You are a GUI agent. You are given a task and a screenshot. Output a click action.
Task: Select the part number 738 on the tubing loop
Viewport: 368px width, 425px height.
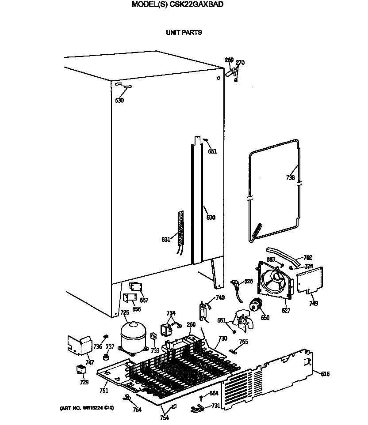tap(290, 178)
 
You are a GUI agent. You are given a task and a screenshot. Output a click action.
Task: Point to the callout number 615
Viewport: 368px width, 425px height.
tap(325, 374)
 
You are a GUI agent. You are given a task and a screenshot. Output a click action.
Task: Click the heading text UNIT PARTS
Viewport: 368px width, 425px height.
tap(184, 33)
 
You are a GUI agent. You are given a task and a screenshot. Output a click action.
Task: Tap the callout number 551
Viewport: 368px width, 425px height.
tap(212, 151)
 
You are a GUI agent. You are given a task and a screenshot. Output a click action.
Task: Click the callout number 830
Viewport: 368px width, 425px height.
tap(211, 217)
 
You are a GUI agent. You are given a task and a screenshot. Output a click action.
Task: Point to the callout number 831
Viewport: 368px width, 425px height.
tap(166, 240)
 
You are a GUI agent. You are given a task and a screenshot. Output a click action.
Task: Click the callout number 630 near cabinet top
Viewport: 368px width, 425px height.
tap(119, 100)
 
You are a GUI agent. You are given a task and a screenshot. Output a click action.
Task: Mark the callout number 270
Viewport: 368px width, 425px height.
tap(240, 63)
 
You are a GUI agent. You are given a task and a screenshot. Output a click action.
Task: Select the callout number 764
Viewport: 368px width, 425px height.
tap(137, 410)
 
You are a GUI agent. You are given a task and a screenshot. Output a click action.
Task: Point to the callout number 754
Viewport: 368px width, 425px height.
tap(164, 418)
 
